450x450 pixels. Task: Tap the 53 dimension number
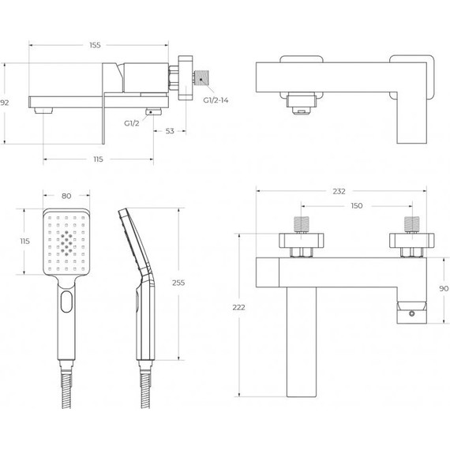click(x=170, y=131)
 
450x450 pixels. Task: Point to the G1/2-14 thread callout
click(x=216, y=100)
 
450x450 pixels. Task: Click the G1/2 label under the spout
click(x=133, y=124)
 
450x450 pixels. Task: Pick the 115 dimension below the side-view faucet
click(x=98, y=159)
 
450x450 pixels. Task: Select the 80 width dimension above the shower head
click(x=66, y=197)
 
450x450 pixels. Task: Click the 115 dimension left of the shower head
click(x=24, y=242)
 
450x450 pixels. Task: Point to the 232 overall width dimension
click(x=339, y=192)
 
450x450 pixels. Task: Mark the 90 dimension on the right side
click(x=443, y=289)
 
